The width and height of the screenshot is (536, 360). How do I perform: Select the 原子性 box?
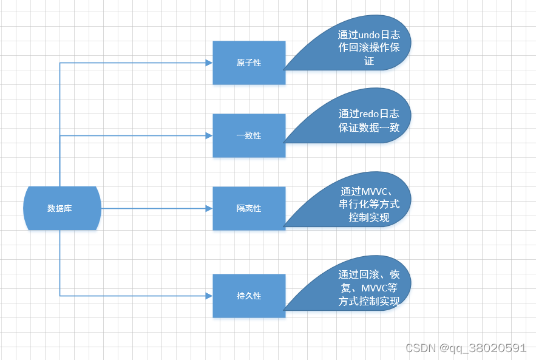pyautogui.click(x=249, y=63)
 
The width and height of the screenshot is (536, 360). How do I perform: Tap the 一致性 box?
pyautogui.click(x=249, y=135)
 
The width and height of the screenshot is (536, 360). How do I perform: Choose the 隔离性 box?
pyautogui.click(x=249, y=208)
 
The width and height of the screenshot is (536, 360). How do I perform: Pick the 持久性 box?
pyautogui.click(x=249, y=296)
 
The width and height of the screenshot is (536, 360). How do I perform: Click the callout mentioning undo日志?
pyautogui.click(x=364, y=49)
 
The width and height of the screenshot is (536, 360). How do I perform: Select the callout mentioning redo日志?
pyautogui.click(x=364, y=121)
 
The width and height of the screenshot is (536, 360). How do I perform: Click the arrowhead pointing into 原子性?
pyautogui.click(x=209, y=63)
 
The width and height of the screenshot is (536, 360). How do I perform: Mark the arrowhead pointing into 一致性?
pyautogui.click(x=209, y=135)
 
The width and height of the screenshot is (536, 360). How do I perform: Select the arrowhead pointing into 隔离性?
pyautogui.click(x=209, y=208)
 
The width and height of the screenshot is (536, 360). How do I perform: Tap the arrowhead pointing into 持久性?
pyautogui.click(x=209, y=296)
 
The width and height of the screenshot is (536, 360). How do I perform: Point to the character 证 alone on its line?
pyautogui.click(x=369, y=61)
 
